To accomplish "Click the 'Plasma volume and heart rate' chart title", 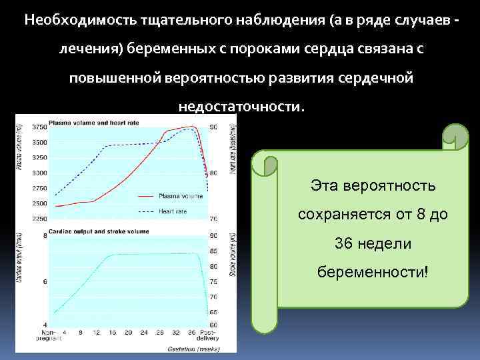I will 86,123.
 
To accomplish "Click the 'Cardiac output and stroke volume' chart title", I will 95,231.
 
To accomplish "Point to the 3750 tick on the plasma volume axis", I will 39,127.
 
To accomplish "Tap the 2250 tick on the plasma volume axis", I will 39,219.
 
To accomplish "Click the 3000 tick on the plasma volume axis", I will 39,173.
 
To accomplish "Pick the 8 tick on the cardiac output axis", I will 44,236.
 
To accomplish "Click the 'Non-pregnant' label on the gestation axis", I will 48,335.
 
